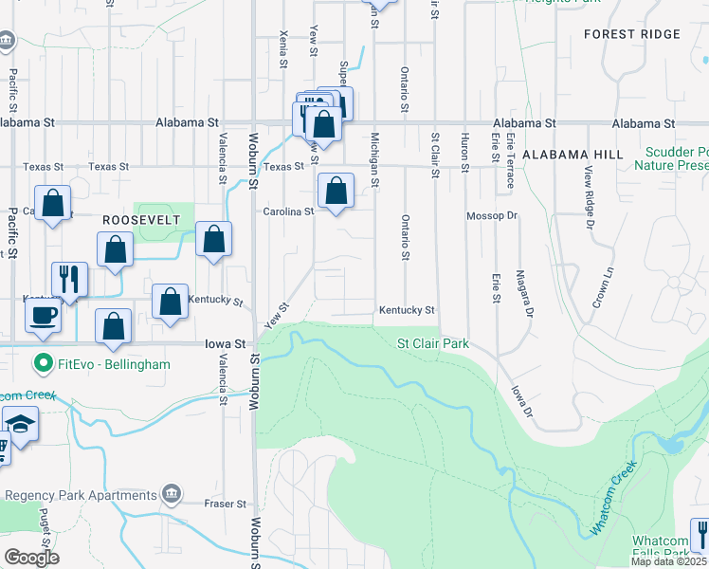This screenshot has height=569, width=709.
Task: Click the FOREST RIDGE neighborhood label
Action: pos(632,34)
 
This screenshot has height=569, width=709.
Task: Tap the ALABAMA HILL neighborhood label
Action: pos(572,155)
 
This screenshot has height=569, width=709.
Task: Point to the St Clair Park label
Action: pos(432,344)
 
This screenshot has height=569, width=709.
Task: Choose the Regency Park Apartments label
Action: pos(80,495)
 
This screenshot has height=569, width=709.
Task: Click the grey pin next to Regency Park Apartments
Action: pos(172,493)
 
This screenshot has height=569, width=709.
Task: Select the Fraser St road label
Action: pos(227,504)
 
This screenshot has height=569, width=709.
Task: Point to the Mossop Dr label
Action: pos(492,216)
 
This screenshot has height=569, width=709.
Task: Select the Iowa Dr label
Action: pos(520,399)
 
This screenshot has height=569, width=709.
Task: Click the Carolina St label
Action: pos(288,211)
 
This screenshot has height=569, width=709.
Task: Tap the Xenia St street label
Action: pos(282,47)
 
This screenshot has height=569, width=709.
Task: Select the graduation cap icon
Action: pos(19,423)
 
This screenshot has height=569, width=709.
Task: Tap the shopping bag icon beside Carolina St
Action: pos(336,191)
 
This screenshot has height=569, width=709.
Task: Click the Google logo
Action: pos(32,558)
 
